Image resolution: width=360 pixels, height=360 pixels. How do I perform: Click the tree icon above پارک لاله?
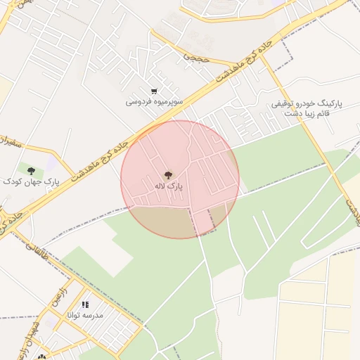pyautogui.click(x=168, y=174)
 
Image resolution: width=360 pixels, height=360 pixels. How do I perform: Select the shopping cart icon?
pyautogui.click(x=154, y=91)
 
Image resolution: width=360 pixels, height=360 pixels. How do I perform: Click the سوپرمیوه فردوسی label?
pyautogui.click(x=155, y=101)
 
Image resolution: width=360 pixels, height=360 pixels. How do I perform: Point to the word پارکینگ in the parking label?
pyautogui.click(x=328, y=103)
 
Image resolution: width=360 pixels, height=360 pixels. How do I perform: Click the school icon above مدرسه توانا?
pyautogui.click(x=85, y=304)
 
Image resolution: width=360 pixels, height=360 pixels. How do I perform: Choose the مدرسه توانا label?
pyautogui.click(x=85, y=316)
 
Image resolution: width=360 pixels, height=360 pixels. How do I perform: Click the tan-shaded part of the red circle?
pyautogui.click(x=162, y=221)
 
